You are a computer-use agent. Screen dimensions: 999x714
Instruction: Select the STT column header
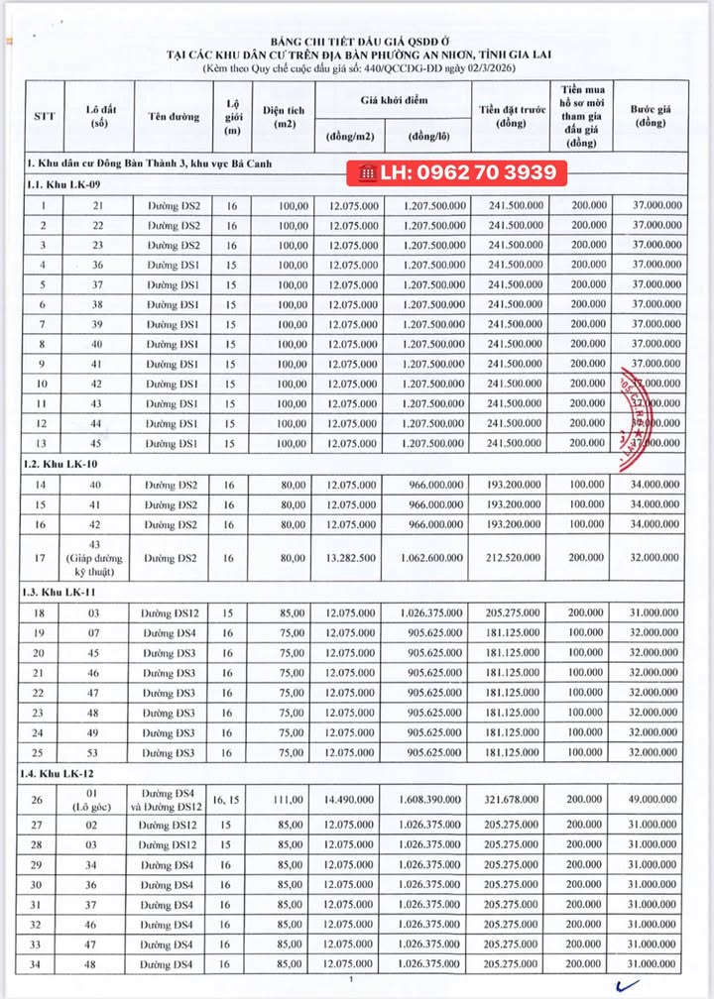coord(44,116)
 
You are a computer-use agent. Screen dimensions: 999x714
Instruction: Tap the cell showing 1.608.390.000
coord(429,803)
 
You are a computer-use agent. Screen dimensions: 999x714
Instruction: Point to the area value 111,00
coord(284,803)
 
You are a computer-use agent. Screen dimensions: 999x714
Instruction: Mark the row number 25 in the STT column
coord(44,754)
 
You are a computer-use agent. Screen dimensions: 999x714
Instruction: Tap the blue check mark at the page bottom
coord(627,985)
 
